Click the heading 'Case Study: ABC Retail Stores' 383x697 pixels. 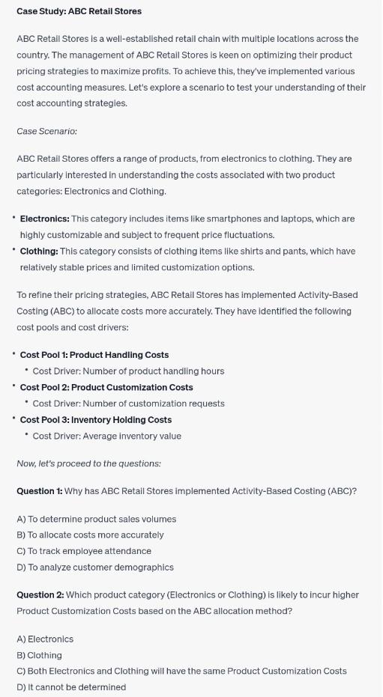pyautogui.click(x=79, y=11)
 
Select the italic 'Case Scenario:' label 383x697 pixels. pyautogui.click(x=46, y=131)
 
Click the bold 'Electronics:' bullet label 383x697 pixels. pyautogui.click(x=44, y=219)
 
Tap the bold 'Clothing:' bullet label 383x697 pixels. pyautogui.click(x=39, y=252)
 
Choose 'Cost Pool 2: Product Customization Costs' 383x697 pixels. pyautogui.click(x=106, y=387)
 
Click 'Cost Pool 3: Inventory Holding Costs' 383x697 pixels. pyautogui.click(x=95, y=420)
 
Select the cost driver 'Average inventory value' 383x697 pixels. pyautogui.click(x=106, y=436)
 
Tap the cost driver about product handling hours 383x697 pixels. pyautogui.click(x=128, y=371)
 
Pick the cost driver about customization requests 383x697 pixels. pyautogui.click(x=128, y=404)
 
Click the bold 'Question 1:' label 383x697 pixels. pyautogui.click(x=40, y=491)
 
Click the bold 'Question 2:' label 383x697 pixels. pyautogui.click(x=40, y=595)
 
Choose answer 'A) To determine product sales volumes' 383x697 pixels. pyautogui.click(x=96, y=519)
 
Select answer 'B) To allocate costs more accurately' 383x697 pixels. pyautogui.click(x=90, y=535)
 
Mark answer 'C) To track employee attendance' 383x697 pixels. pyautogui.click(x=84, y=551)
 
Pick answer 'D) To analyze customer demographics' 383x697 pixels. pyautogui.click(x=95, y=567)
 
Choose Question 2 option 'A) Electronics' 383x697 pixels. pyautogui.click(x=45, y=639)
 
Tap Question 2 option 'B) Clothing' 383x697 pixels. pyautogui.click(x=39, y=655)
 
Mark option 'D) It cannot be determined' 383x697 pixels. pyautogui.click(x=71, y=687)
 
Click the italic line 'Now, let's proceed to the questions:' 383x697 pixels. pyautogui.click(x=88, y=463)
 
